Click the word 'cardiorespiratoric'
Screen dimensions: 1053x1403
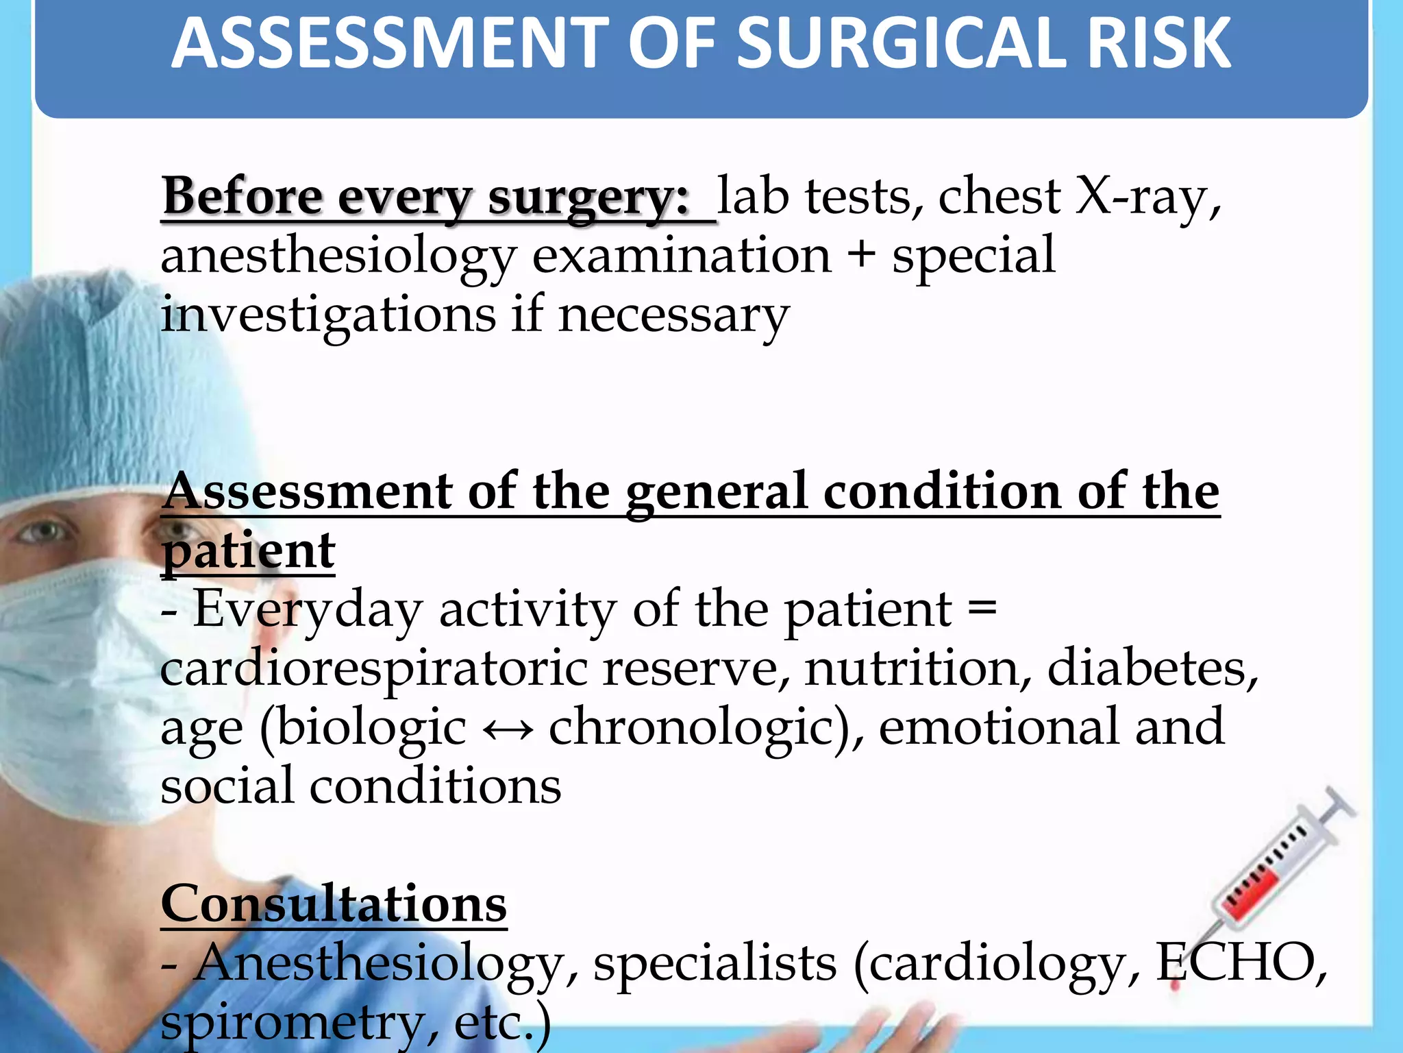[373, 669]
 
